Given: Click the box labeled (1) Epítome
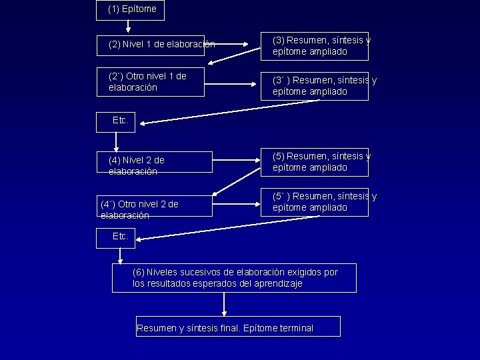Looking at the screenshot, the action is click(x=131, y=9).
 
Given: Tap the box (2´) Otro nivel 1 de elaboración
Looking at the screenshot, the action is click(x=151, y=81).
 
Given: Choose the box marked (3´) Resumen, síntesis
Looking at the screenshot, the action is click(x=314, y=85).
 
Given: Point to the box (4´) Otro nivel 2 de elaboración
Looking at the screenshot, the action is click(x=155, y=208).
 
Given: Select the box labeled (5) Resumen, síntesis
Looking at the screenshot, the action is click(x=314, y=162).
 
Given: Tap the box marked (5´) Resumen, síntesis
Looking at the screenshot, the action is click(x=314, y=202).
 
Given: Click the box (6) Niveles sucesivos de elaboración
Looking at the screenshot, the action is click(x=234, y=278).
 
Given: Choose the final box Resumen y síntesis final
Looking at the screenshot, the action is click(x=238, y=326).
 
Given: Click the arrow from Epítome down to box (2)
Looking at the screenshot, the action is click(x=128, y=27).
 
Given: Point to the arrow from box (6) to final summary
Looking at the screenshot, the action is click(x=224, y=304).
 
